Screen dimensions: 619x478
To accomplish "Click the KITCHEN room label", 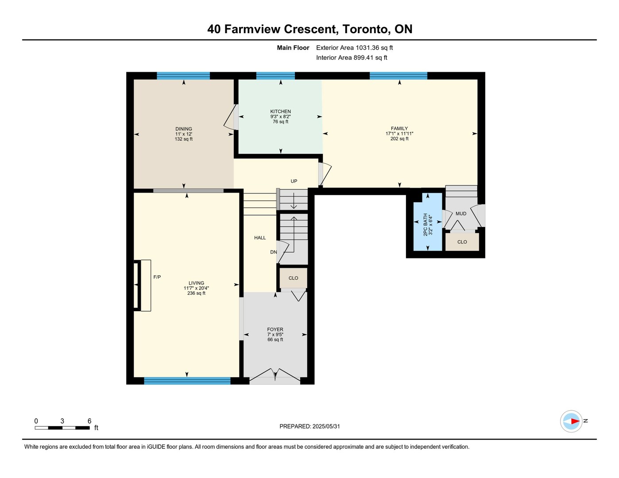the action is (x=280, y=112).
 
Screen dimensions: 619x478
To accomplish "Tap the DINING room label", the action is (x=183, y=129).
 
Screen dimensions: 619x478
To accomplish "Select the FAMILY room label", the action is (x=399, y=128).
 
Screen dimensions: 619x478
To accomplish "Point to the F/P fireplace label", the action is (x=157, y=277).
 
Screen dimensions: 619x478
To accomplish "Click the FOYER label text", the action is (x=275, y=329).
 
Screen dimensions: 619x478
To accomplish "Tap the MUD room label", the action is (x=460, y=213).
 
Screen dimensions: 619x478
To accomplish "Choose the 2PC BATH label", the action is (x=426, y=225).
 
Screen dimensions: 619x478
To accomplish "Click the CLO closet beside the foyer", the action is (x=293, y=278).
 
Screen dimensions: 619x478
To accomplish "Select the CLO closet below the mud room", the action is (x=462, y=242).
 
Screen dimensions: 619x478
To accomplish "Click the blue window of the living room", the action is (x=187, y=381).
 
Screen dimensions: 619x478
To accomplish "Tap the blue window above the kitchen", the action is (x=275, y=76).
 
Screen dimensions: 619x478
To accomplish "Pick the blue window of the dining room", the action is (x=183, y=76).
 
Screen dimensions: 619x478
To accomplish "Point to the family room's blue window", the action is (x=398, y=76).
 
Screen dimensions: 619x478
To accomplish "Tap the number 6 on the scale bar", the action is (x=89, y=421).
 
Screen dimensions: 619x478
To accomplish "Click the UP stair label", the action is (x=294, y=181).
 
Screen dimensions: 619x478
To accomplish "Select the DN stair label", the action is (x=273, y=252).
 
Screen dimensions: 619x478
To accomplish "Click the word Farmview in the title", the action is (x=252, y=29).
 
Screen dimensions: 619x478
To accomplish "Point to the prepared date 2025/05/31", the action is (x=326, y=426).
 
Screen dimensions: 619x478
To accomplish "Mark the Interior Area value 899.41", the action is (x=364, y=58).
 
